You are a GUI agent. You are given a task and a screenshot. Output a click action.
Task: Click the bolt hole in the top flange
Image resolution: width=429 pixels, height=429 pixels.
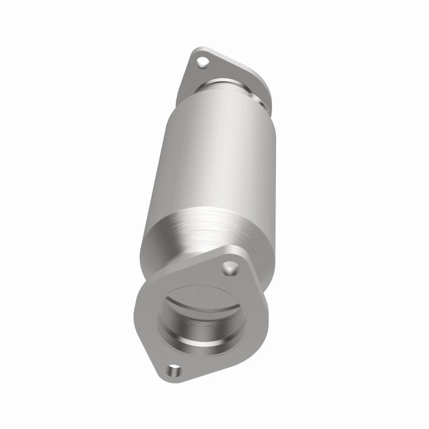[202, 63]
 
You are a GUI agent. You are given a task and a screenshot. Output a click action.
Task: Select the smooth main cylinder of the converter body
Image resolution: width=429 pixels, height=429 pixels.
[204, 161]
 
